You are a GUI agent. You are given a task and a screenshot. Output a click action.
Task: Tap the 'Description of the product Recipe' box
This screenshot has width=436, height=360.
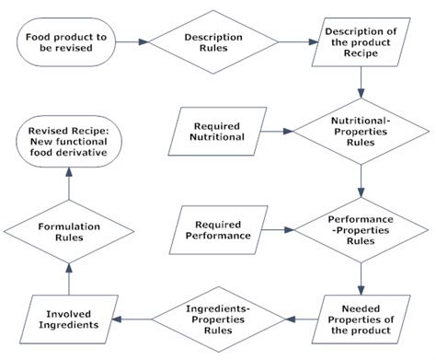tap(361, 41)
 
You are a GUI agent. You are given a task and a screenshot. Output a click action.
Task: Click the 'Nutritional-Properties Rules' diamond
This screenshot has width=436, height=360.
tap(361, 131)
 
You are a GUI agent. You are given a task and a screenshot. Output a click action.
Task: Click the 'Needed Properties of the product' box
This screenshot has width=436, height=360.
tap(361, 319)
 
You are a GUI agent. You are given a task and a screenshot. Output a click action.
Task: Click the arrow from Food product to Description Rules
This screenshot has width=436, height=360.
tap(132, 41)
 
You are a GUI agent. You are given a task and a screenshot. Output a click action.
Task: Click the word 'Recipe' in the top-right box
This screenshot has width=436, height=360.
tap(361, 55)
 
